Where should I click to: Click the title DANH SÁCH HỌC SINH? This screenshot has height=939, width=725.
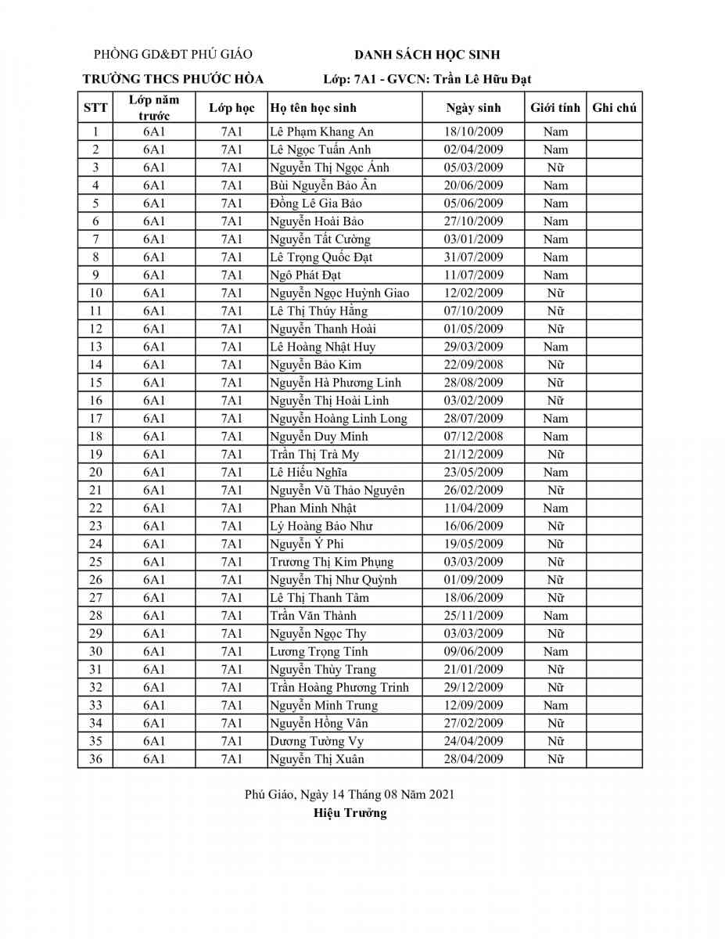[427, 55]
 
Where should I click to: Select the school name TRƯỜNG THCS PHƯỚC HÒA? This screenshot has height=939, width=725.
[174, 79]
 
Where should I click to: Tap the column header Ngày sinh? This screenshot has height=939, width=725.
[473, 108]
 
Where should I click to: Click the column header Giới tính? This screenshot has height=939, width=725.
[555, 108]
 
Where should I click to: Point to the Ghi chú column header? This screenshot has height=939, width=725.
[614, 108]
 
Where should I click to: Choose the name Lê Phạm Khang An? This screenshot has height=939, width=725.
[321, 131]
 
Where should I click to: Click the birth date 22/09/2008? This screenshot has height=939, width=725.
[473, 365]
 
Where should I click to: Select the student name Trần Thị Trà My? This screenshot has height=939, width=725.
[314, 455]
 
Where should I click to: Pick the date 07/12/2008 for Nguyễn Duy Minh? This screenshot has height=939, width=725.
[473, 437]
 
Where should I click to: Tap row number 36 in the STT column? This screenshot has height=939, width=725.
[95, 759]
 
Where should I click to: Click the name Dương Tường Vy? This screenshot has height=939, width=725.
[317, 741]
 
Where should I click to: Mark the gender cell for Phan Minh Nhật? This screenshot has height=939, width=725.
[555, 509]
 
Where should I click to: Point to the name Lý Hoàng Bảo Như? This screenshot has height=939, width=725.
[321, 527]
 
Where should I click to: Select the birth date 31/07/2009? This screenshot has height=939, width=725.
[473, 257]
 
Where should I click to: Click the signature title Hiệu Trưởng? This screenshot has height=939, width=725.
[350, 813]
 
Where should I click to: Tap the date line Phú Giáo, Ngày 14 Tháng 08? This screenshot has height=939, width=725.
[350, 794]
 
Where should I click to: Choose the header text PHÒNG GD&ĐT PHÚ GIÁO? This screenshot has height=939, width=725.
[173, 55]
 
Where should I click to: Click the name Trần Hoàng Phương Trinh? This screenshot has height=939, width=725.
[339, 688]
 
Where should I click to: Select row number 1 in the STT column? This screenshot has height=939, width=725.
[95, 131]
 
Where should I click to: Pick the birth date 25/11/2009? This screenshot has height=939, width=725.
[473, 616]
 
